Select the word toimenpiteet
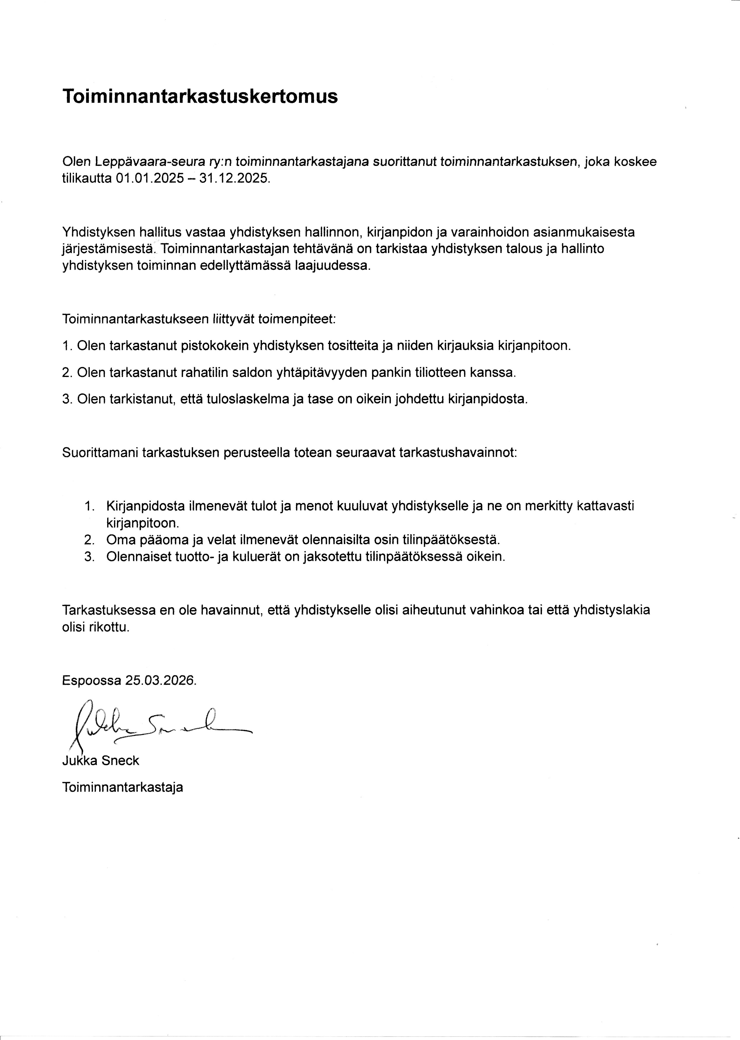[297, 319]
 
